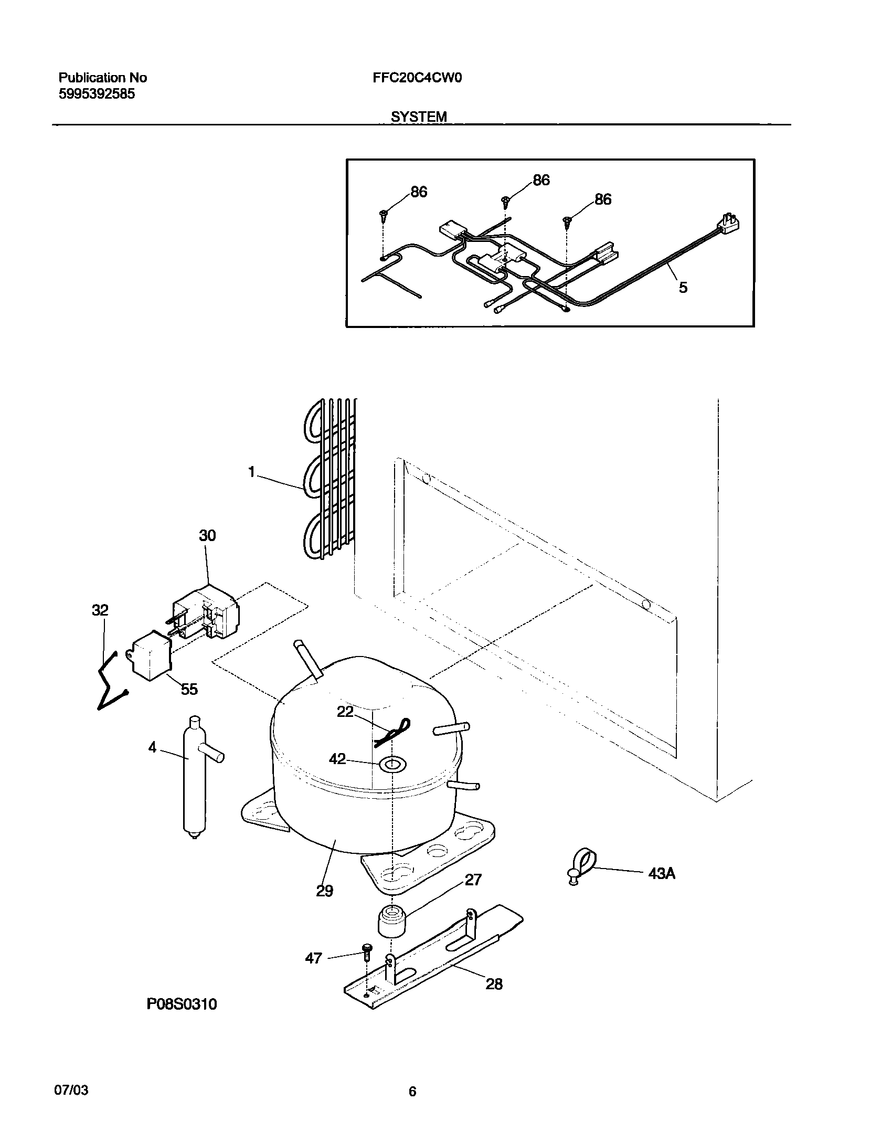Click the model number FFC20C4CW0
click(x=417, y=78)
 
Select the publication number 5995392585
click(x=97, y=94)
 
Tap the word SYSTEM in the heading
click(x=418, y=117)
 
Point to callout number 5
click(x=683, y=288)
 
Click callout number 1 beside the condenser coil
click(x=251, y=473)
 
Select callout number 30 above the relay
click(x=207, y=536)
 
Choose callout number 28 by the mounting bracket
click(x=494, y=984)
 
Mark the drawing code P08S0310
click(x=181, y=1004)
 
